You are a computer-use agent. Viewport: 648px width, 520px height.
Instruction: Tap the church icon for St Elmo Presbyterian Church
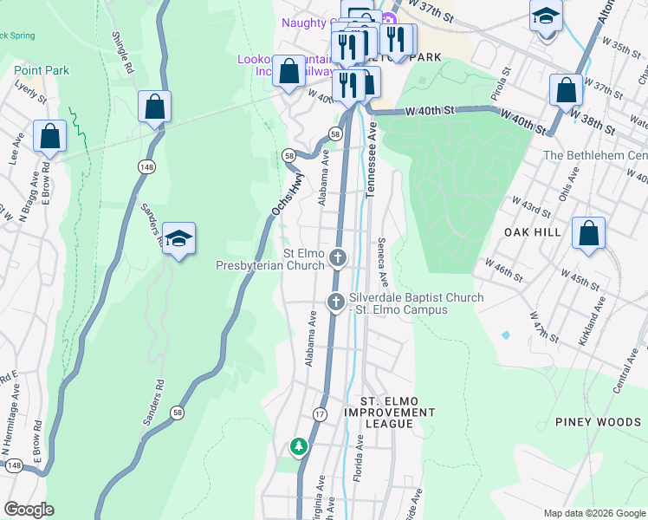tap(337, 257)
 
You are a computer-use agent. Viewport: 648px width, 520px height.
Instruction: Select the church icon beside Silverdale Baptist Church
tap(336, 301)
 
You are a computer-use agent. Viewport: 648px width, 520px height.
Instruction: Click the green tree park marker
tap(299, 446)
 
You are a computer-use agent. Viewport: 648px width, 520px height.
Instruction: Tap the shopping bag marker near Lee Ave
tap(49, 137)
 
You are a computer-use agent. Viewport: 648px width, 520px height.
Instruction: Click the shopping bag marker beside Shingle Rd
tap(155, 107)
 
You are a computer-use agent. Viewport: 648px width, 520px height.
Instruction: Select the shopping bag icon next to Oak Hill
tap(588, 233)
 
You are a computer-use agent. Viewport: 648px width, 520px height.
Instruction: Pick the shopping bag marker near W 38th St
tap(566, 90)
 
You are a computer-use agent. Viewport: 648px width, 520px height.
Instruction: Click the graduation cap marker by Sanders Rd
tap(178, 239)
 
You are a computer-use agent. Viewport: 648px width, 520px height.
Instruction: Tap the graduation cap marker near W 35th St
tap(546, 16)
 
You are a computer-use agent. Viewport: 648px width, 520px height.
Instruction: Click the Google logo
tap(28, 510)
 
